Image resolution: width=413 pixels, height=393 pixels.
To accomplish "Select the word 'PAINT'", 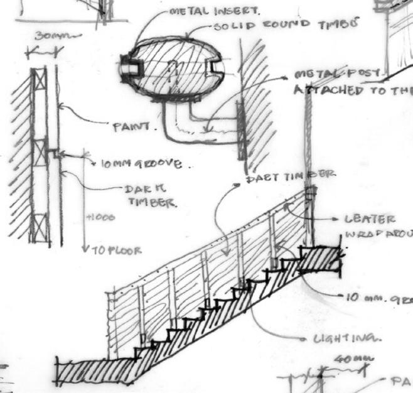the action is click(132, 126).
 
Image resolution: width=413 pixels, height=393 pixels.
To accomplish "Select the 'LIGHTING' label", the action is click(348, 338).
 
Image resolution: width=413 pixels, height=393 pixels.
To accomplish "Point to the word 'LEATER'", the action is click(369, 220).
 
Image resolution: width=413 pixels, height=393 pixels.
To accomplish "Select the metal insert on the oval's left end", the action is click(129, 65).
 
